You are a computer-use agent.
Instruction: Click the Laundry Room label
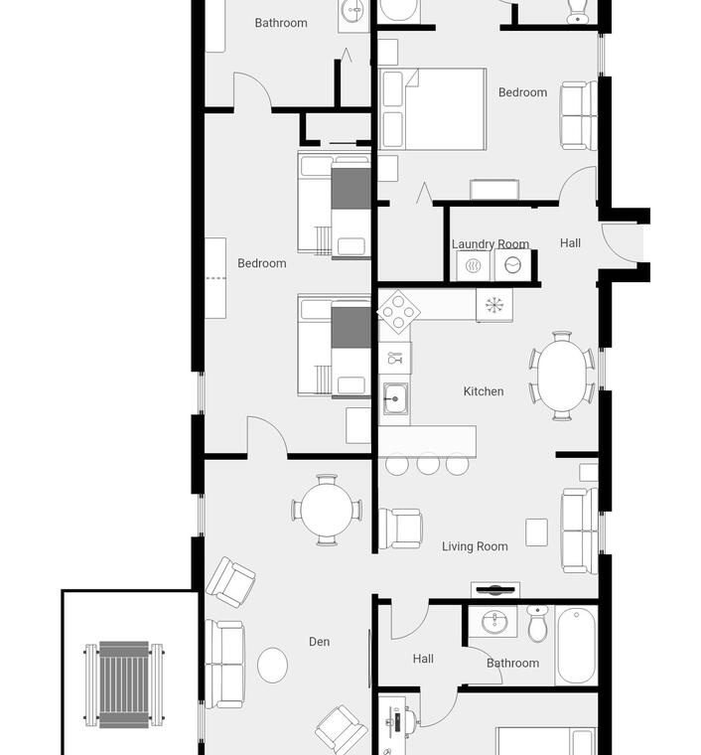[491, 244]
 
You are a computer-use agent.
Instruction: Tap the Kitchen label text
[484, 391]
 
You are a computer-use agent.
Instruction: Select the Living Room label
[475, 546]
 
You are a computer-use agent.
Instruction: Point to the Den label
[320, 642]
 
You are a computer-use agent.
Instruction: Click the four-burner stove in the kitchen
[398, 311]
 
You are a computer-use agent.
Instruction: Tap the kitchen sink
[395, 398]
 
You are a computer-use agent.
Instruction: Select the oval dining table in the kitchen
[562, 376]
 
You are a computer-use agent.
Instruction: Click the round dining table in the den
[327, 510]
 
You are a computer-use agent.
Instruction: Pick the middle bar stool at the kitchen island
[428, 464]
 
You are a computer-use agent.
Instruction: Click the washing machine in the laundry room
[513, 265]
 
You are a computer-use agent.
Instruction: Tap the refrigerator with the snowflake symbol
[494, 305]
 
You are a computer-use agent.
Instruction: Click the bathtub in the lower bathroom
[576, 645]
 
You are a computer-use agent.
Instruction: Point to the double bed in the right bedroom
[433, 109]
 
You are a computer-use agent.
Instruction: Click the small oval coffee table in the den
[272, 665]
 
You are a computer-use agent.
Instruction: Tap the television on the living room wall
[495, 589]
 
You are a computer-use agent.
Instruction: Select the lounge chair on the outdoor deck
[124, 683]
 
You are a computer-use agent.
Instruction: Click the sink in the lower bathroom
[492, 621]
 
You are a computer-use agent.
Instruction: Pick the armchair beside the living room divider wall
[401, 528]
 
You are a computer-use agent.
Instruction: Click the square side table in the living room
[536, 532]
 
